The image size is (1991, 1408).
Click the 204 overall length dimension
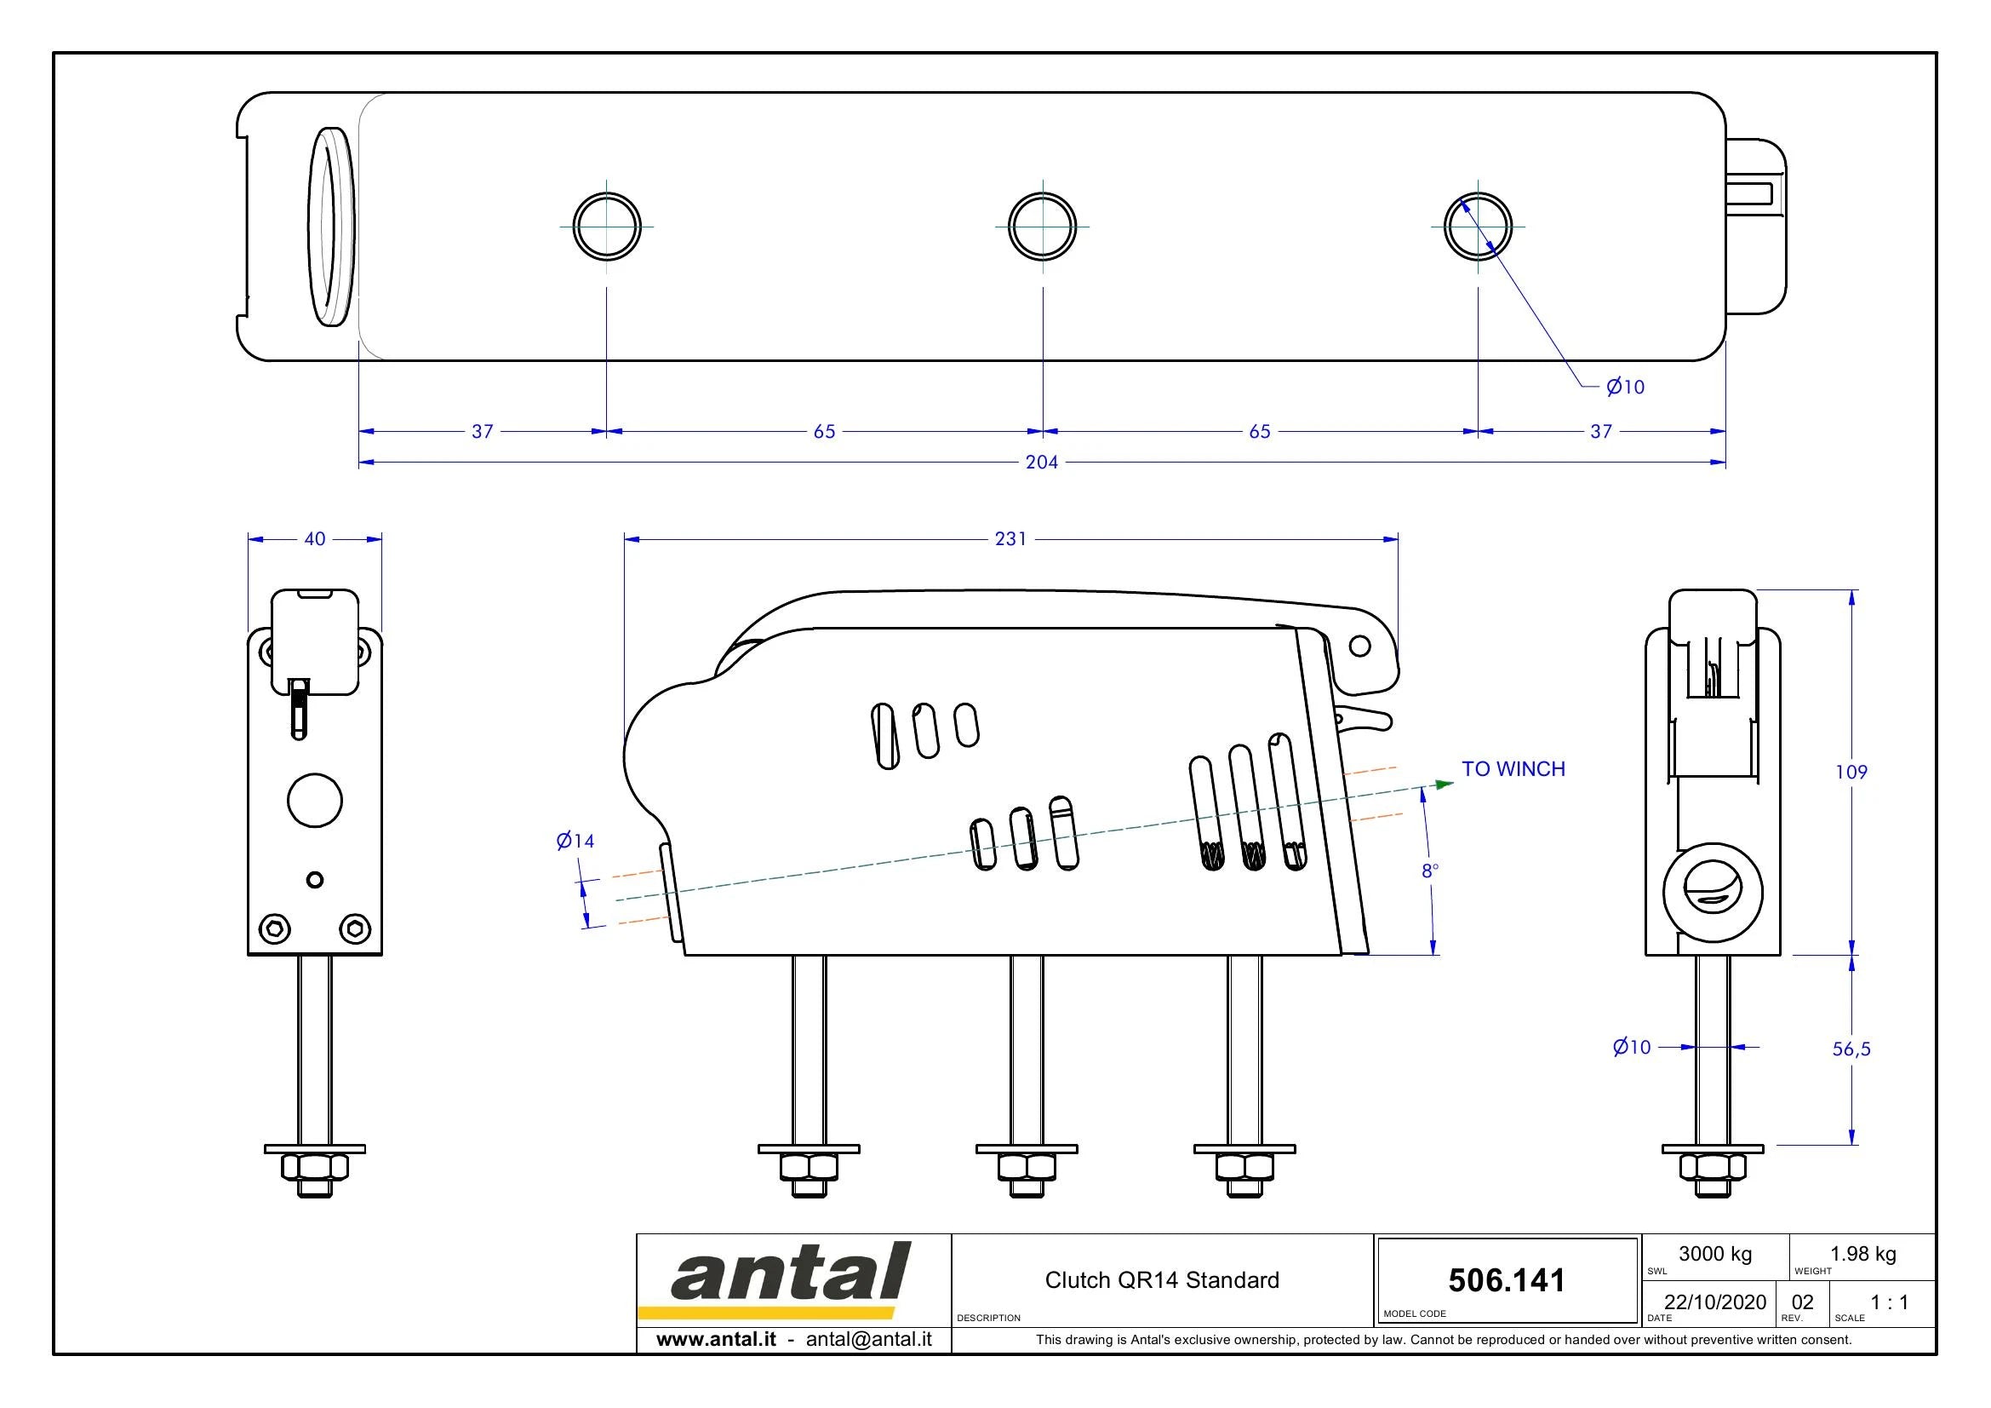(1041, 463)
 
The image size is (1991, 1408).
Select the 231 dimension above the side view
(1010, 538)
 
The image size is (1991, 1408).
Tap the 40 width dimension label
(315, 538)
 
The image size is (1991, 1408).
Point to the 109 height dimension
(1851, 771)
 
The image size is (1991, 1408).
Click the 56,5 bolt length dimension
(1851, 1049)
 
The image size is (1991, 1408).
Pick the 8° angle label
(1430, 871)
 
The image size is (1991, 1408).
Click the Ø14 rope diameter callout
(575, 840)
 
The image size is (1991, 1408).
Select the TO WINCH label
(1513, 768)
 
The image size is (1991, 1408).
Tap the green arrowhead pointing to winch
(1445, 784)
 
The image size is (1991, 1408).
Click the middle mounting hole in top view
(1043, 227)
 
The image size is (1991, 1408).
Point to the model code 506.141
(1507, 1280)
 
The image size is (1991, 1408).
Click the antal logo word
(791, 1273)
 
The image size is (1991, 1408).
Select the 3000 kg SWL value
(1715, 1254)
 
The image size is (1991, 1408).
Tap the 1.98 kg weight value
(1862, 1254)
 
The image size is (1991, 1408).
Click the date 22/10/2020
(1715, 1302)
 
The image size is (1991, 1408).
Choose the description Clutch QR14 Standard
(1162, 1280)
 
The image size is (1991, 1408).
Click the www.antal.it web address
(716, 1339)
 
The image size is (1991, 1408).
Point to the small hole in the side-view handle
(1359, 646)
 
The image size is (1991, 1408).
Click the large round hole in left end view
(315, 800)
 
